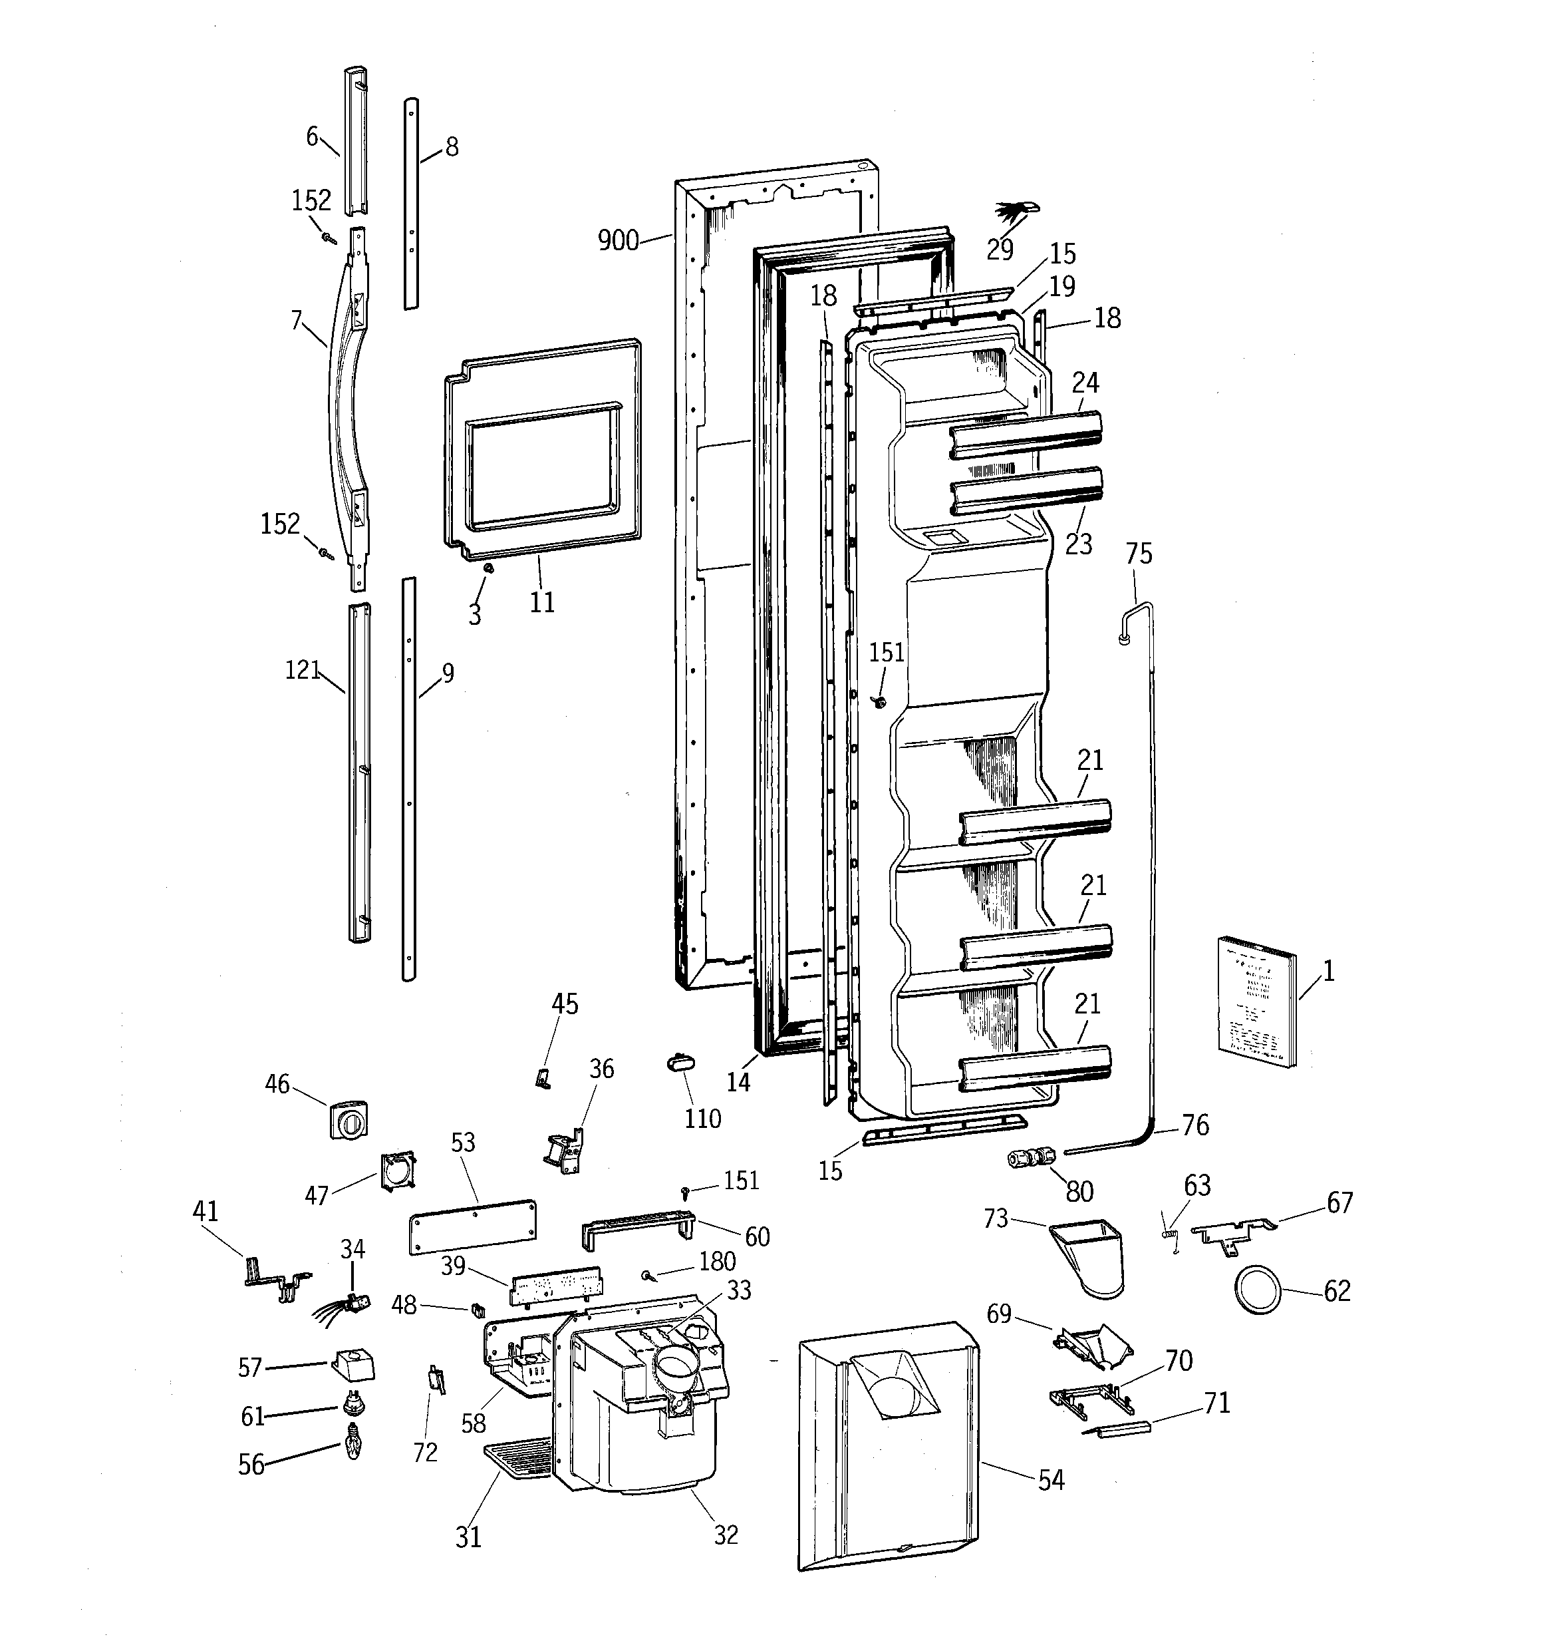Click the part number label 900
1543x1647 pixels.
click(x=618, y=241)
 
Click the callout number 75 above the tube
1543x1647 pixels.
click(x=1139, y=554)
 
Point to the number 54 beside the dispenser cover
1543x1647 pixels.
click(x=1051, y=1480)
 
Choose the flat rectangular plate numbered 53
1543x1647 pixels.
click(x=473, y=1225)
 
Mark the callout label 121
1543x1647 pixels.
click(x=303, y=669)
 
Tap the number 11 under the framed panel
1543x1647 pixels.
click(x=541, y=602)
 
